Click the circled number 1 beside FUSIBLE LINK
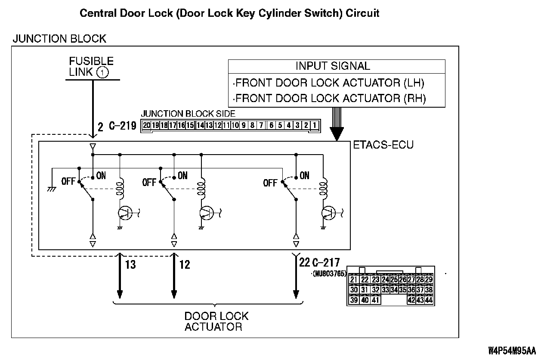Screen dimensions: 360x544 102,72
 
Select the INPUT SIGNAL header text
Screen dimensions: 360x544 333,66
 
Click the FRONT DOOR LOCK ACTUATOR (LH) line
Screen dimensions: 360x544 330,83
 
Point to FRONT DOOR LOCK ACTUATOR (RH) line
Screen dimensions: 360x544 330,99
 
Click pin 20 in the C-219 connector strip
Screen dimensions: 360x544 147,125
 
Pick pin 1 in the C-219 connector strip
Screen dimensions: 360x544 315,125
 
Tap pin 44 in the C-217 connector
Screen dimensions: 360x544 428,300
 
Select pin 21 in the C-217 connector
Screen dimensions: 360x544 354,280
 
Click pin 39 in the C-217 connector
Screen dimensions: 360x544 354,300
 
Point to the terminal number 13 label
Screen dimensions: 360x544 130,264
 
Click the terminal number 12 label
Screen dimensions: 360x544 184,264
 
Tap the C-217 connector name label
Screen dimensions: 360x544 326,262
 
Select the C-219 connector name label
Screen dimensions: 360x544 122,126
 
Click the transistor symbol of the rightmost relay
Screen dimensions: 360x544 329,212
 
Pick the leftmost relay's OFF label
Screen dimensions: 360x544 69,181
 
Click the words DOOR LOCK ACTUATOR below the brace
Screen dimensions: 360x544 216,321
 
